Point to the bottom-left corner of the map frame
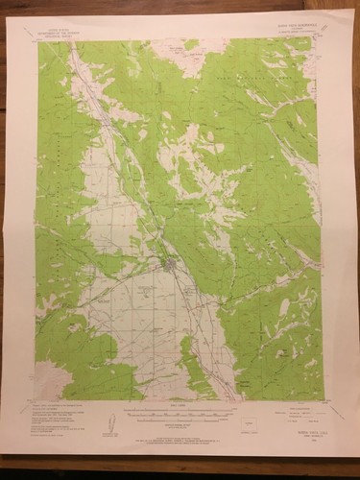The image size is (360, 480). point(36,400)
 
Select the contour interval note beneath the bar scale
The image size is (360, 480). point(178,419)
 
